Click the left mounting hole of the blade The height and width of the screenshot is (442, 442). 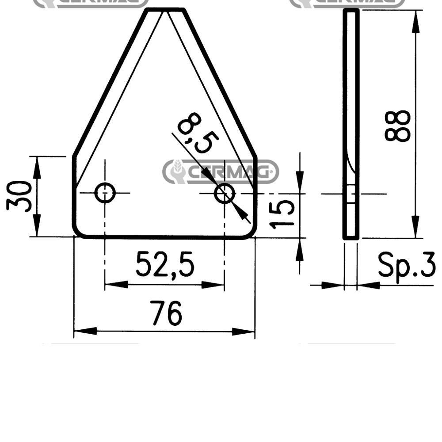[105, 193]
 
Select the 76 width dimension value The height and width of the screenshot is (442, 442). [166, 312]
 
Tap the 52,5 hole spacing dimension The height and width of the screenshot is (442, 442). [165, 264]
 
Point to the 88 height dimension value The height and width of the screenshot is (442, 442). [397, 126]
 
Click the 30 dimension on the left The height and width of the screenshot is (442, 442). [19, 197]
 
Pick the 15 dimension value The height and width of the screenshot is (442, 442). [282, 213]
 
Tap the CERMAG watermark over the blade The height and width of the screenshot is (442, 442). [221, 171]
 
